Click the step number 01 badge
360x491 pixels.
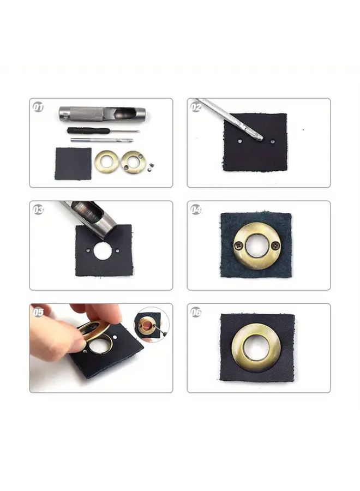(38, 107)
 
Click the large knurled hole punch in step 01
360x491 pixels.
(102, 113)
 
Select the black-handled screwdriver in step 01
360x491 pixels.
(103, 130)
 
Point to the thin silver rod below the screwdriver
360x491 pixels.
(102, 140)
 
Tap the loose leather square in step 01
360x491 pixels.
(73, 164)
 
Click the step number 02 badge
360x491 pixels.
(196, 107)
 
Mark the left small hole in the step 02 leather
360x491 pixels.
(240, 141)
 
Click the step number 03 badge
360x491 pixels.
(38, 209)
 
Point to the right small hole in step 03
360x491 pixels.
(117, 251)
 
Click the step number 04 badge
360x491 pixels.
(196, 209)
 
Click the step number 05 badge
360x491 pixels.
(38, 312)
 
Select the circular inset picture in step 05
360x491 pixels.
(152, 325)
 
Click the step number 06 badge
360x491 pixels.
(196, 312)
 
